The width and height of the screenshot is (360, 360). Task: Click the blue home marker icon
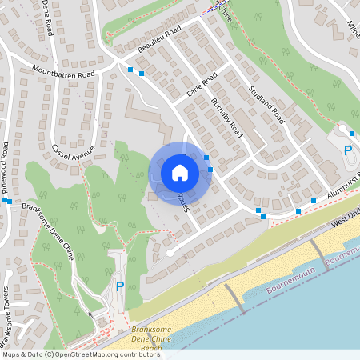click(179, 172)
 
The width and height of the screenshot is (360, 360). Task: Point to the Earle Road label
click(202, 86)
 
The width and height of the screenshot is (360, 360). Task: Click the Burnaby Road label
click(226, 118)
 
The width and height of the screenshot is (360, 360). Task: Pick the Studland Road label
click(266, 104)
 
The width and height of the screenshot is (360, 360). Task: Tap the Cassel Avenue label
click(73, 150)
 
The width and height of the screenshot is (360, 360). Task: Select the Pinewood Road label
click(6, 163)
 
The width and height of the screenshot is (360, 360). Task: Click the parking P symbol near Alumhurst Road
click(347, 150)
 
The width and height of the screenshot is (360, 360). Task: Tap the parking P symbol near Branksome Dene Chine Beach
click(119, 286)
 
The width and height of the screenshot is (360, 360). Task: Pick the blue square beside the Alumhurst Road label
click(314, 201)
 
